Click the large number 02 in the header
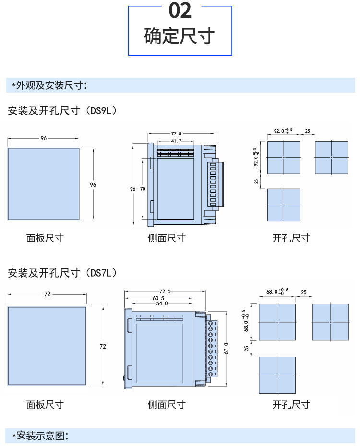(180, 11)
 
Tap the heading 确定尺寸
(180, 36)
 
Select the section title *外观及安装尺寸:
(49, 85)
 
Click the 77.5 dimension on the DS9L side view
(176, 133)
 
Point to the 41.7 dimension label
(176, 141)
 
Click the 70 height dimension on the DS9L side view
(143, 189)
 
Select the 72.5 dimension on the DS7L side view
(165, 291)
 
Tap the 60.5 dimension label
(158, 298)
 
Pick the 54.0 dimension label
(162, 303)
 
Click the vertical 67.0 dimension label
(226, 349)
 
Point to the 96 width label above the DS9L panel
(43, 138)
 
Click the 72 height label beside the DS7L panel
(103, 346)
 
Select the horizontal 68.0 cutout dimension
(277, 291)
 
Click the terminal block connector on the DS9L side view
(216, 184)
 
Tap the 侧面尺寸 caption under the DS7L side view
(167, 405)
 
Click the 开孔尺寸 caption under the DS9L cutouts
(291, 238)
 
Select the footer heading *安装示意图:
(40, 435)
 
